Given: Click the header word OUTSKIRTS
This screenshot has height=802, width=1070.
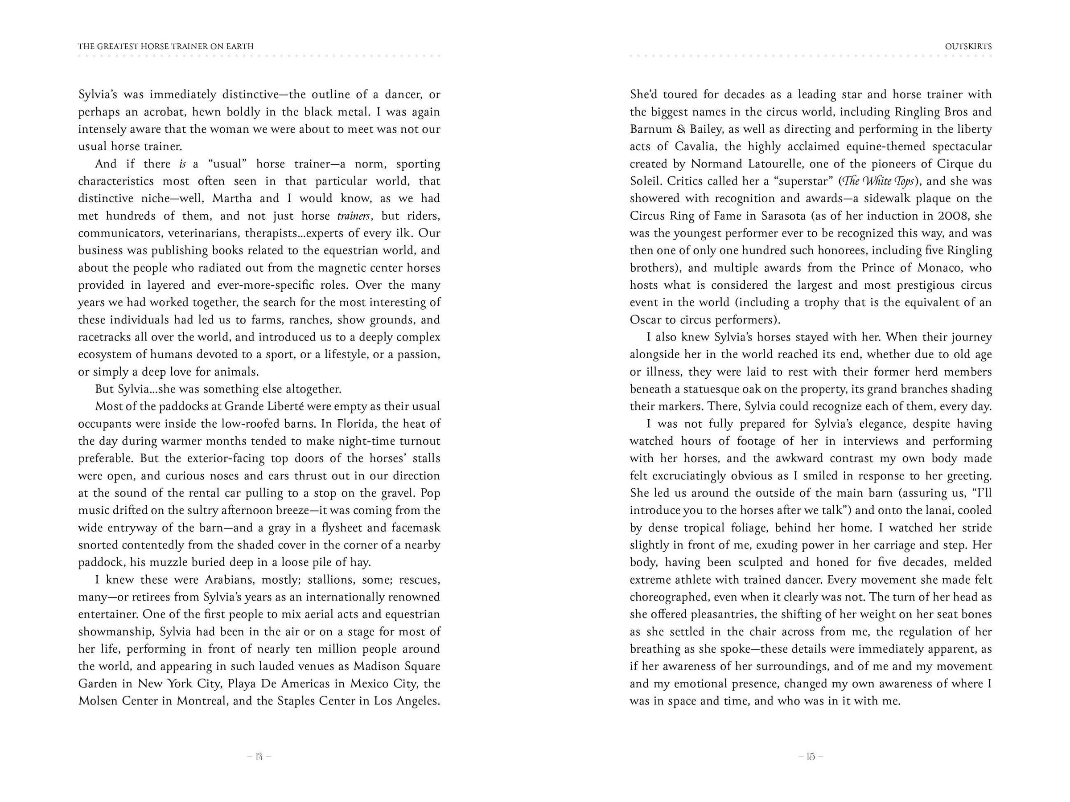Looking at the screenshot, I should click(x=968, y=47).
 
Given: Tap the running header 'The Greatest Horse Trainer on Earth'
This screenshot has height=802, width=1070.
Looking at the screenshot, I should click(x=166, y=47).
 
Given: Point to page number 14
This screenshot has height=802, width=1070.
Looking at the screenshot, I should click(x=259, y=757).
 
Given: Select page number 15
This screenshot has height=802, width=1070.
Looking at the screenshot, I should click(x=811, y=757).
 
